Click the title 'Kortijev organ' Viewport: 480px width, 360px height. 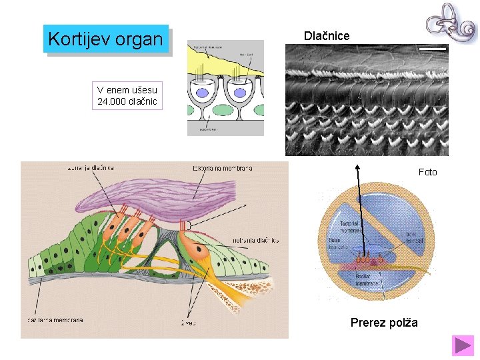105,39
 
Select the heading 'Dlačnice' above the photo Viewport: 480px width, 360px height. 326,35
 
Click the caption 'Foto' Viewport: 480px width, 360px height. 427,172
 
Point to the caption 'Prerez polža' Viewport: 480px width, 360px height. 384,323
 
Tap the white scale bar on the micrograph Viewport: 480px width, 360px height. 432,49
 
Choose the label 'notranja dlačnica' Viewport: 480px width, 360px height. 255,240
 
